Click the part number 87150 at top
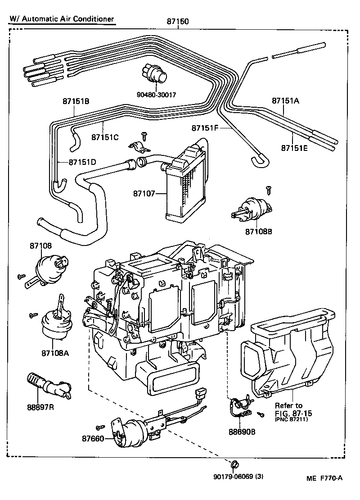(x=177, y=22)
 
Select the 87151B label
(x=76, y=101)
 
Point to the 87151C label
(x=105, y=137)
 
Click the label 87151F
(x=205, y=128)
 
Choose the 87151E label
(x=294, y=148)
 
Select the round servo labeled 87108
(x=50, y=268)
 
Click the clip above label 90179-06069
(x=235, y=464)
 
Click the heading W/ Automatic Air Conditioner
(x=61, y=19)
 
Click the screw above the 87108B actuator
(x=268, y=188)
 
